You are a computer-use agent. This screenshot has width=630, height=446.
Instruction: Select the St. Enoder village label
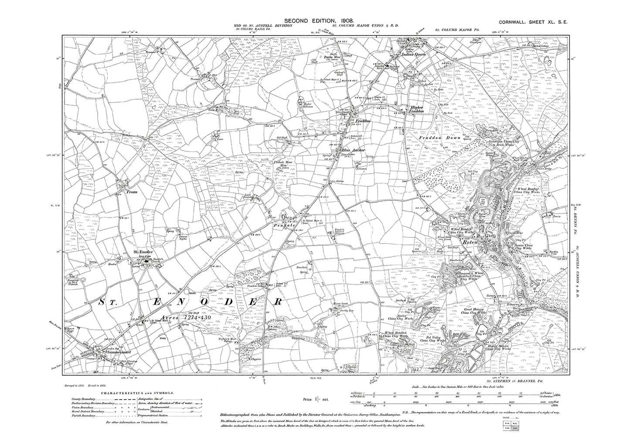click(x=143, y=252)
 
